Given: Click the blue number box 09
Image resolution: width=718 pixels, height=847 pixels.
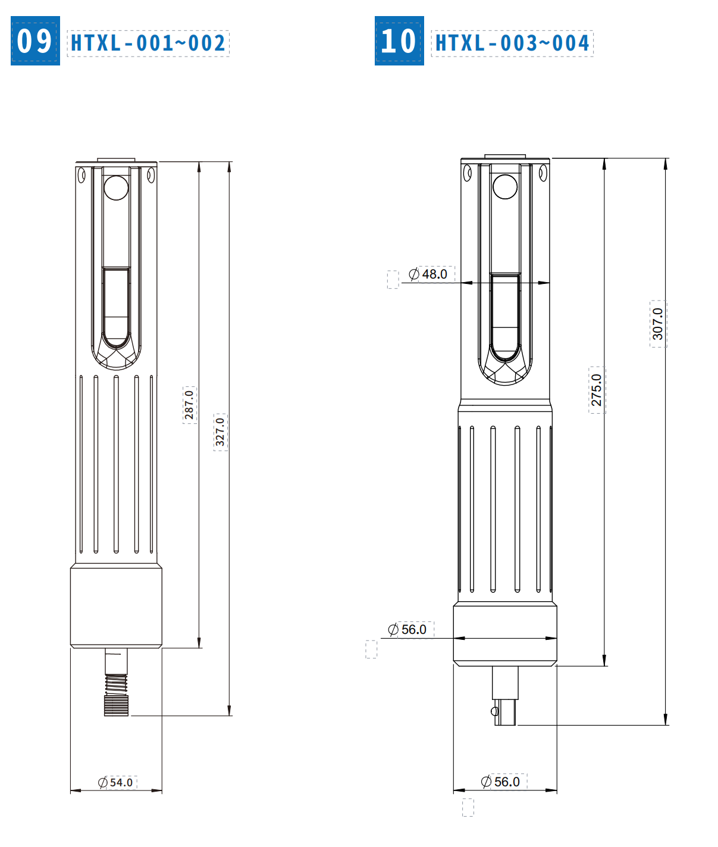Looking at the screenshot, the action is click(x=35, y=40).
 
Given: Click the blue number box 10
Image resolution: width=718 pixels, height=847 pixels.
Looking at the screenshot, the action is click(x=399, y=40).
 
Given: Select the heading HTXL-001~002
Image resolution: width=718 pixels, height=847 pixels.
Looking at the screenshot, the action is click(x=148, y=43).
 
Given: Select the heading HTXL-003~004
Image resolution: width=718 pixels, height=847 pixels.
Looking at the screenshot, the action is click(x=512, y=43).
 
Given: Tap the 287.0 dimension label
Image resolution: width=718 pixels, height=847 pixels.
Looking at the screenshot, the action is click(x=189, y=404).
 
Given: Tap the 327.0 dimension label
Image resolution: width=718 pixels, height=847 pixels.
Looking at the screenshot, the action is click(x=220, y=432).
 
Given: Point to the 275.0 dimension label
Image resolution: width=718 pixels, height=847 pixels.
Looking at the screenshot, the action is click(x=597, y=390).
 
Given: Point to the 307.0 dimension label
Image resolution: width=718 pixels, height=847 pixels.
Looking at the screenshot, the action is click(x=658, y=324).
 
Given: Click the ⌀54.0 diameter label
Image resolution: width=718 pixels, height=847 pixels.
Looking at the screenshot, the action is click(x=115, y=782).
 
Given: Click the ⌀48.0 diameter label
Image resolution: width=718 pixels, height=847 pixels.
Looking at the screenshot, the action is click(x=428, y=274).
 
